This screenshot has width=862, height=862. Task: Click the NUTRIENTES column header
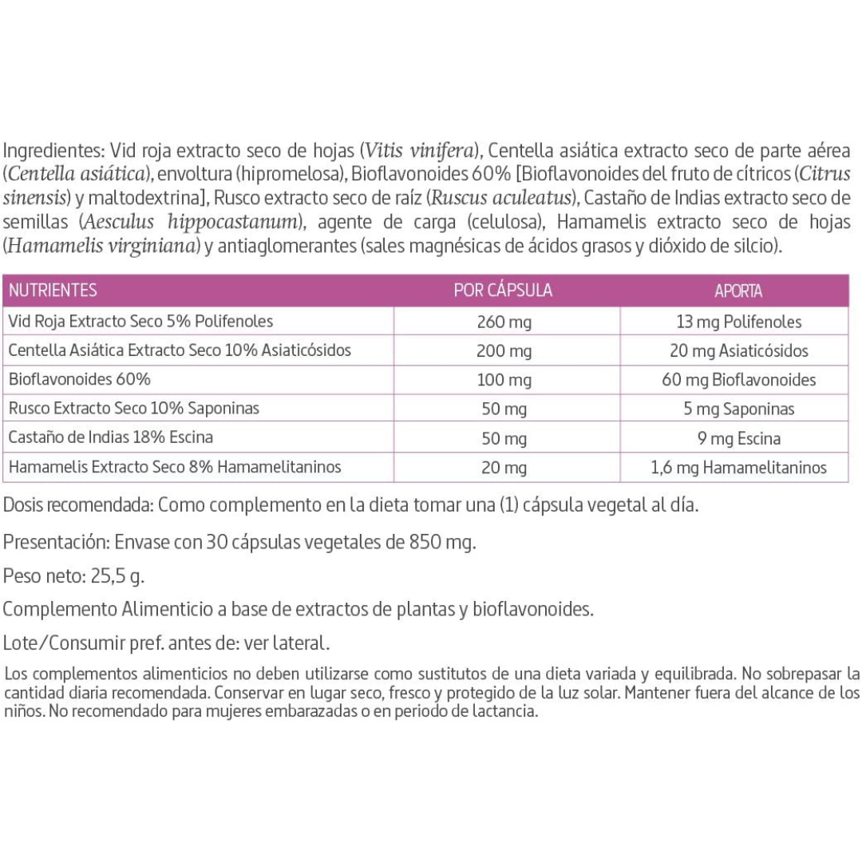coord(53,291)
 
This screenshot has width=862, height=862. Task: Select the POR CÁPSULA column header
coord(503,291)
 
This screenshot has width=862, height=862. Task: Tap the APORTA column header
coord(738,291)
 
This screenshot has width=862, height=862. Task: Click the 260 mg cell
coord(504,322)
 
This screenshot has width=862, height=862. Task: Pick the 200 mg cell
coord(504,350)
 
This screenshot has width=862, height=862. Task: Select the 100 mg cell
coord(504,379)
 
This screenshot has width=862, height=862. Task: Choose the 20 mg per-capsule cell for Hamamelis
coord(504,467)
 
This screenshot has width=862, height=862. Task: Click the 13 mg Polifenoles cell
coord(738,322)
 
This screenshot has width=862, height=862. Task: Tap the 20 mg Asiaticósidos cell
coord(738,350)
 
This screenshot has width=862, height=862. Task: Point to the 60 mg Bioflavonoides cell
coord(738,379)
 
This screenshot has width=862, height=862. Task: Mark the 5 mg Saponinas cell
coord(738,409)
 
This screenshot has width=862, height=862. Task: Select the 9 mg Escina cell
coord(738,437)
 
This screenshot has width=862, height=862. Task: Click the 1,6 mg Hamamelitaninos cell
coord(738,467)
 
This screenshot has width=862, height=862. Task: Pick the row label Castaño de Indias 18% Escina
coord(110,437)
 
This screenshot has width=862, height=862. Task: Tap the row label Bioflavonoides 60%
coord(78,379)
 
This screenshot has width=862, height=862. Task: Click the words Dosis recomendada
coord(76,505)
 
